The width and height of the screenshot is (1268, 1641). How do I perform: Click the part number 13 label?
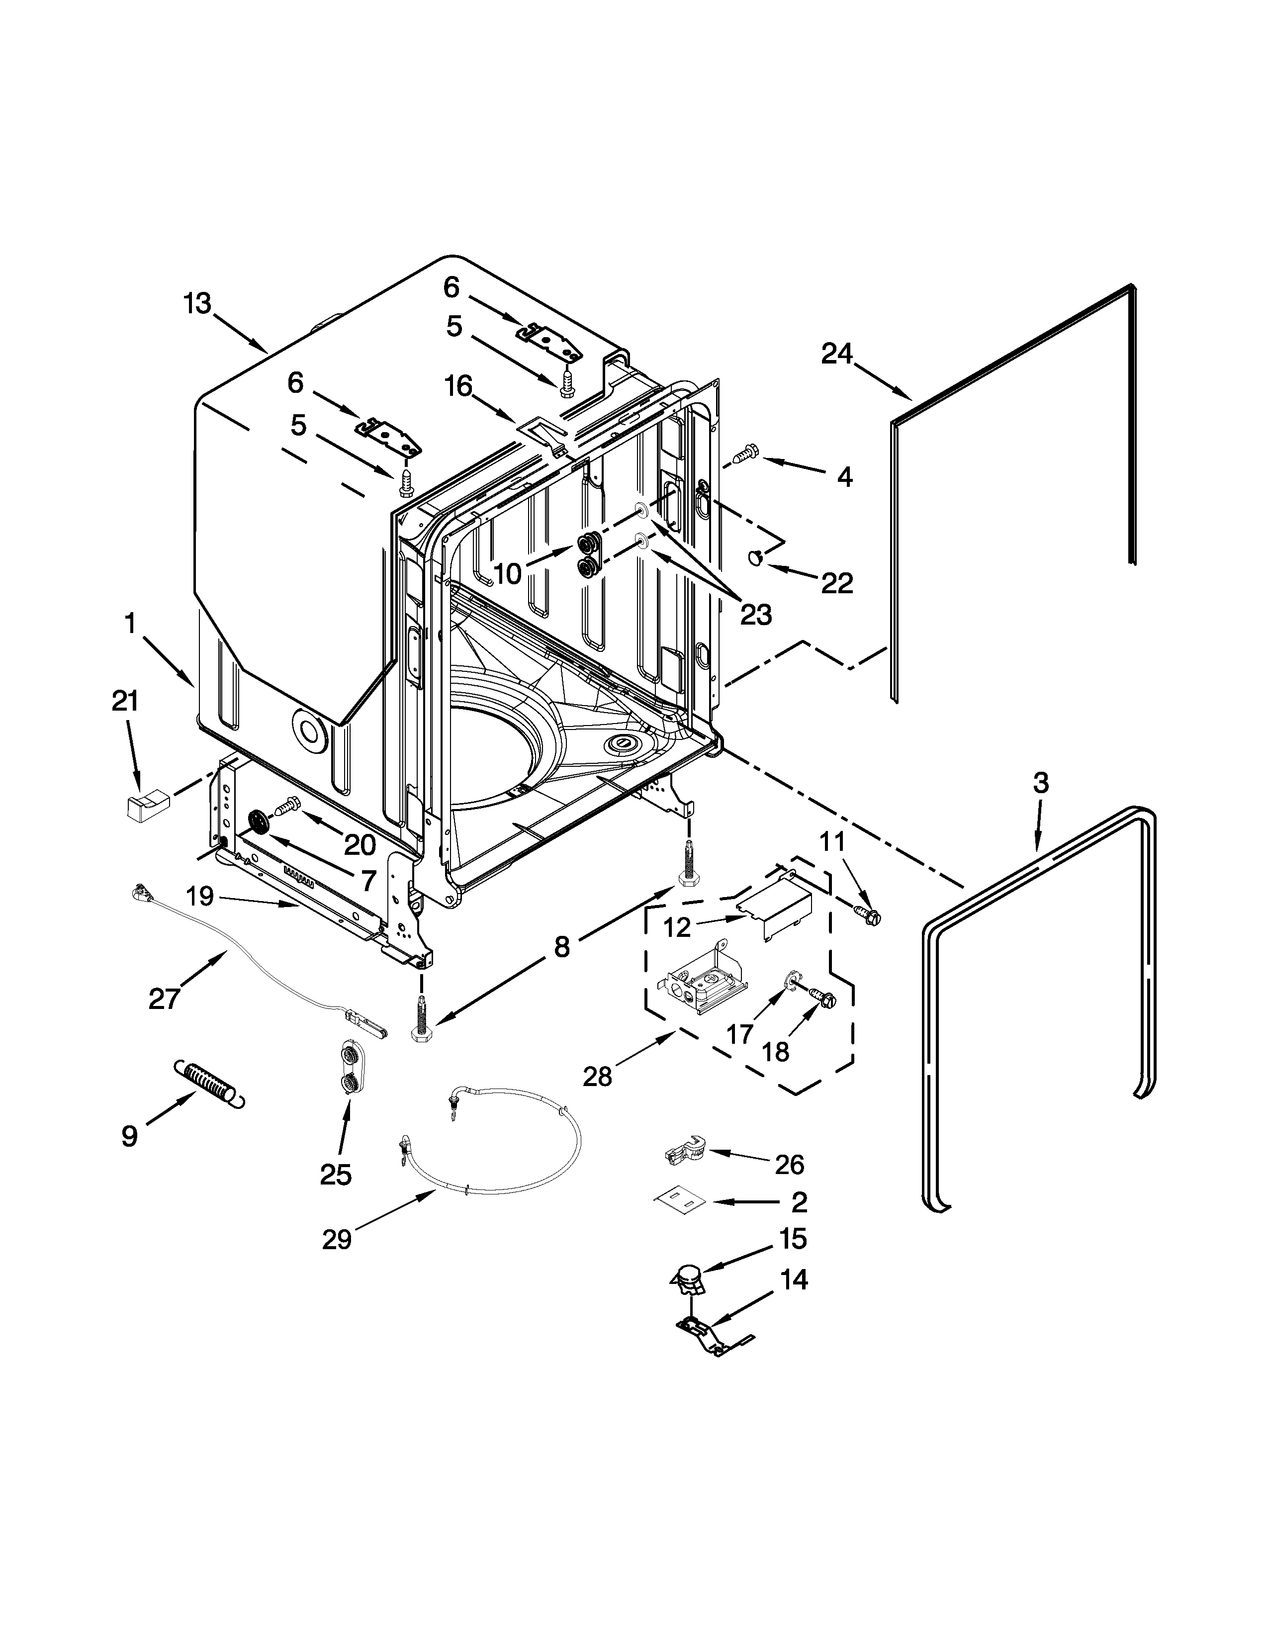coord(197,304)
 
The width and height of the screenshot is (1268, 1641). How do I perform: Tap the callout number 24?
coord(837,353)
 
